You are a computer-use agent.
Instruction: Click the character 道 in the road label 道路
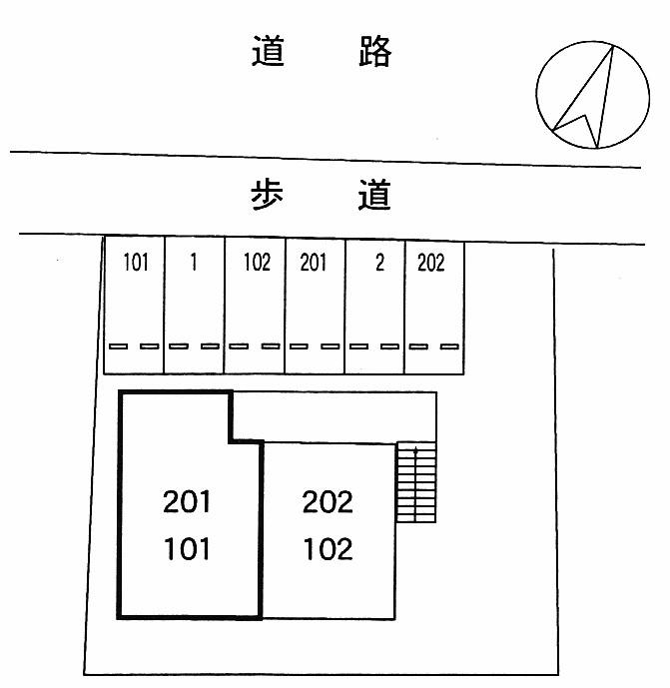[x=268, y=52]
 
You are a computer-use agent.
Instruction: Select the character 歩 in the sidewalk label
[x=268, y=195]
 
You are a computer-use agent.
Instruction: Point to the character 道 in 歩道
[x=374, y=195]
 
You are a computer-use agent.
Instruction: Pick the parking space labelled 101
[x=135, y=305]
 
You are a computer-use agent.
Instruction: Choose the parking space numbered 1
[x=194, y=305]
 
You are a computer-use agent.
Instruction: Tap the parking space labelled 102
[x=256, y=305]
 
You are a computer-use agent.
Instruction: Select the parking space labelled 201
[x=315, y=305]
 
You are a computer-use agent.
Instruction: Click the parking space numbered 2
[x=375, y=305]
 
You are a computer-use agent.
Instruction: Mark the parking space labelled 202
[x=434, y=305]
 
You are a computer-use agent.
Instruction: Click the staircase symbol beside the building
[x=416, y=483]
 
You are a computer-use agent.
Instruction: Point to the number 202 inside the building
[x=328, y=501]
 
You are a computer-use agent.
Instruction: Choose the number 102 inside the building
[x=328, y=548]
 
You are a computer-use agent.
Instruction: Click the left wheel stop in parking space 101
[x=119, y=346]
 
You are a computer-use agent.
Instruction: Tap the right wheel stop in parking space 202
[x=448, y=346]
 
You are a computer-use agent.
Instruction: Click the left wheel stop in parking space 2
[x=358, y=346]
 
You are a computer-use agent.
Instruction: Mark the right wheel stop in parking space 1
[x=210, y=346]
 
